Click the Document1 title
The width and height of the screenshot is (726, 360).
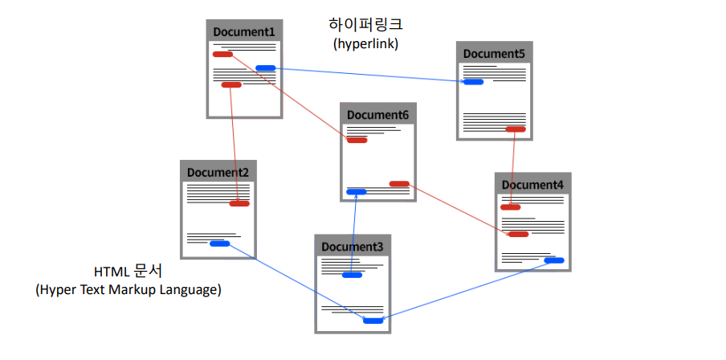244,32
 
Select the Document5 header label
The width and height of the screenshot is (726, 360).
494,54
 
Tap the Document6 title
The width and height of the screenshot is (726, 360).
377,115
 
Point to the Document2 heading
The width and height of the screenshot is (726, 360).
218,172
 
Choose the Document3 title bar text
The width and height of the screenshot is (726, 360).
353,246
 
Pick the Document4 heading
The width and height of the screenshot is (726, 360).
532,185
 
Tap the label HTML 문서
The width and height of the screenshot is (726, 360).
128,271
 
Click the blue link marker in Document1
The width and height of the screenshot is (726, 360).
265,68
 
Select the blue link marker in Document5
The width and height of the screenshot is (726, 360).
473,81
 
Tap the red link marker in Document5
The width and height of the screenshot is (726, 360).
515,129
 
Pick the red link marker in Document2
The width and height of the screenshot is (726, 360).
239,203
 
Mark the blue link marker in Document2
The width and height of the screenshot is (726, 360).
219,243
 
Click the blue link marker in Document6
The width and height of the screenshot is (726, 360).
356,191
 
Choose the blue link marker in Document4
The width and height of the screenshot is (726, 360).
553,260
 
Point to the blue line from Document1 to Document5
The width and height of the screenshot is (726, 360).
369,75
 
